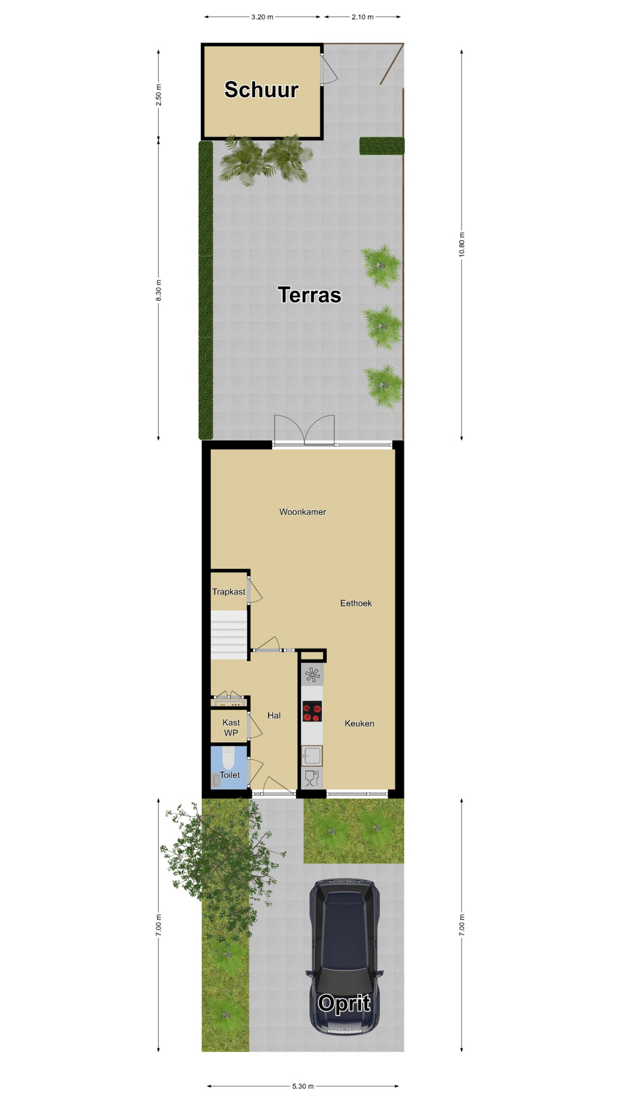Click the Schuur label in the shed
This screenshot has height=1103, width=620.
pos(261,90)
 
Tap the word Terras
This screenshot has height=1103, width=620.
pos(309,295)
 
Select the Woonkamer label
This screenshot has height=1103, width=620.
pos(303,512)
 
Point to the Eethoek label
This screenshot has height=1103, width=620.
pos(356,603)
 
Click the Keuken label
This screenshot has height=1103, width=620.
pos(359,724)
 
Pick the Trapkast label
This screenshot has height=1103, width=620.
pos(228,592)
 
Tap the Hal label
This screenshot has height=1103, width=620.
pos(274,716)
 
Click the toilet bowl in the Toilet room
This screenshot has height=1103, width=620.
pos(228,758)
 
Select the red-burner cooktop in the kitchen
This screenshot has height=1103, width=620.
pos(312,712)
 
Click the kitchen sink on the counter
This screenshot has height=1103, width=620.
pos(312,756)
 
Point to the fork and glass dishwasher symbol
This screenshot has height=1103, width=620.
pos(312,778)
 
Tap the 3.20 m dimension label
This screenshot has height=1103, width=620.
pos(262,17)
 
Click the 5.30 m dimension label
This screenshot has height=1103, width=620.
pos(303,1086)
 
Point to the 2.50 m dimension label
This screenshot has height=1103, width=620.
pos(158,95)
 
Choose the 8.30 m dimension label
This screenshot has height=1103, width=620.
pos(158,290)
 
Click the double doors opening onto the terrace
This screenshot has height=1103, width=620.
pos(304,430)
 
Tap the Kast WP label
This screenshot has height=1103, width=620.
pos(231,728)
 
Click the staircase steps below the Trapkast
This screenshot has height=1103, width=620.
pos(229,635)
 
